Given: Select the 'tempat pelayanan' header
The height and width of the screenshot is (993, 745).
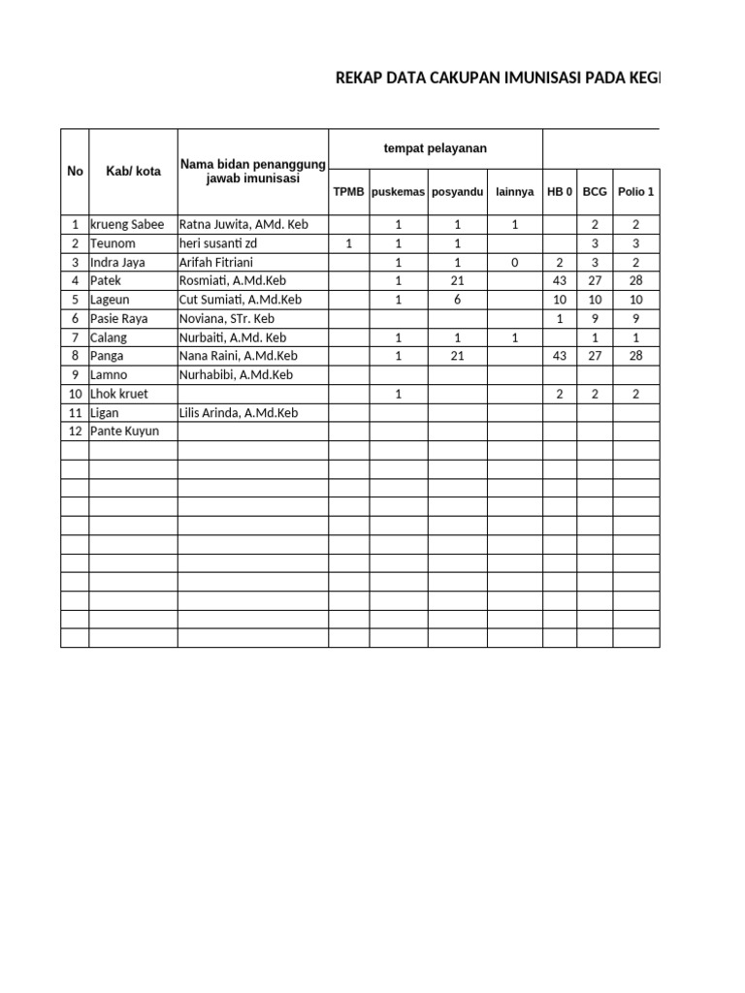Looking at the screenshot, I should [x=436, y=148].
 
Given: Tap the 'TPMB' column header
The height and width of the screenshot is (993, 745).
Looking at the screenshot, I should [x=348, y=192].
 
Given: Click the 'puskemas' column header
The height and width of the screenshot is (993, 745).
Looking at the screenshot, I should [x=398, y=192].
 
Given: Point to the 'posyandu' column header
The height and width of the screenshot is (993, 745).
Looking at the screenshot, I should [x=457, y=192].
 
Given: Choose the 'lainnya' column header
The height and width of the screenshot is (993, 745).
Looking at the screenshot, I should [x=514, y=192].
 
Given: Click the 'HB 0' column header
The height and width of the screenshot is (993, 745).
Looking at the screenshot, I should [x=560, y=192].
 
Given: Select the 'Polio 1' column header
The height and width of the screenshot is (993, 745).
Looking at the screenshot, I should [x=635, y=192].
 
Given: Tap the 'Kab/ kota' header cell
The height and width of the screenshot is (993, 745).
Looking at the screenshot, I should [x=133, y=172].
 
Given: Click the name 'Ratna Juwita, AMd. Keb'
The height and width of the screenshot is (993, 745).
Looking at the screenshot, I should [x=243, y=225].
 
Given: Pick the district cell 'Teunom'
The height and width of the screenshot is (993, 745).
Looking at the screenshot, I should [x=113, y=243].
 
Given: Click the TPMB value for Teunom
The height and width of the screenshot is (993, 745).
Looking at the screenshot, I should [x=348, y=243].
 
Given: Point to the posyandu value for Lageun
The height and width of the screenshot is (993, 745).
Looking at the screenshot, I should [x=457, y=300].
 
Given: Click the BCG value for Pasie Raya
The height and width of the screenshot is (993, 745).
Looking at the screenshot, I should [x=595, y=319].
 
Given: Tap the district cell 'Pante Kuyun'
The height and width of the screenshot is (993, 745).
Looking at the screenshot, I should [x=124, y=432].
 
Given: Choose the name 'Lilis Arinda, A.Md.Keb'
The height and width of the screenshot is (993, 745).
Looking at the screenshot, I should [x=239, y=413].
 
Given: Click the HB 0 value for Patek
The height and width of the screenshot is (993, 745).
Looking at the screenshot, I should [x=559, y=281].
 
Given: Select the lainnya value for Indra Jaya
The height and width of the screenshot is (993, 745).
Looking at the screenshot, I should [x=515, y=263].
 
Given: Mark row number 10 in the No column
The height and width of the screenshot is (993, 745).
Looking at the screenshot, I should [x=75, y=394].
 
